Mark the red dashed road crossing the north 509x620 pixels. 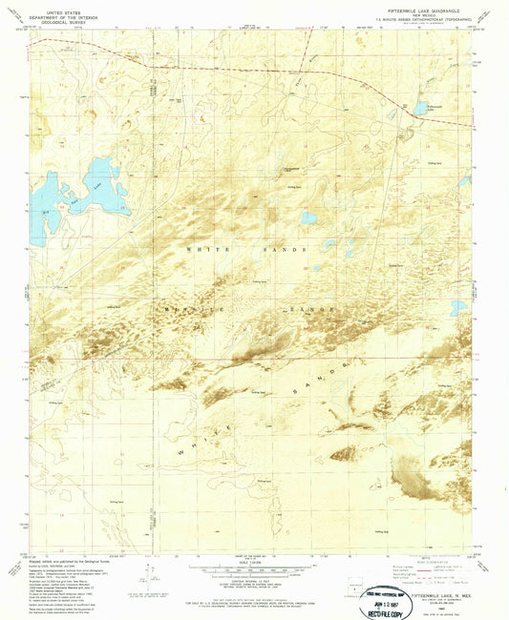tap(239, 70)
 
